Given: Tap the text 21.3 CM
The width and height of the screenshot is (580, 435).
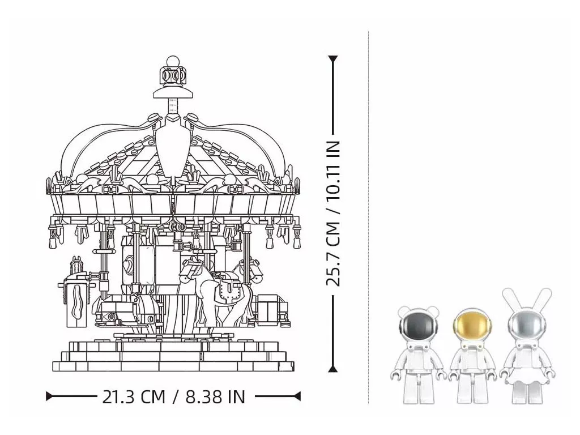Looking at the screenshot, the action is pos(133,396).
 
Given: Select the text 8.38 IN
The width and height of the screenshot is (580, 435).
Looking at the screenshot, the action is pos(215,396).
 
